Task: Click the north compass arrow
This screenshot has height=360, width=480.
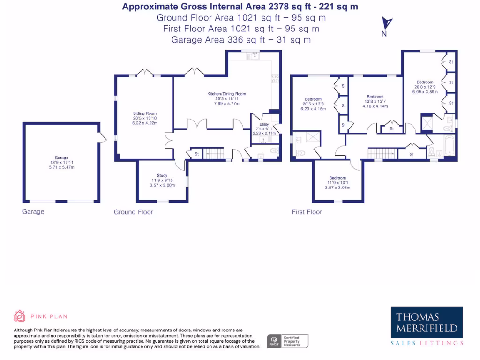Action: (x=387, y=23)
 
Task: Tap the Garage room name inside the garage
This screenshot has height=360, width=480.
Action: (x=61, y=157)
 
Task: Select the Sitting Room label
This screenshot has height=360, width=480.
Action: (x=145, y=113)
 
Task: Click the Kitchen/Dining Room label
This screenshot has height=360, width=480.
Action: (x=226, y=94)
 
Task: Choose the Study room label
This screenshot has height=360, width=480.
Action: (x=162, y=175)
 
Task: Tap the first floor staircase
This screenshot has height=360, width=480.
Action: (x=379, y=153)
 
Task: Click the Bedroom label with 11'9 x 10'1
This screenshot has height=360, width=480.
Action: (x=337, y=178)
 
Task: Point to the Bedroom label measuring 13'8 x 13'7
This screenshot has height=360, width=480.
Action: (x=375, y=97)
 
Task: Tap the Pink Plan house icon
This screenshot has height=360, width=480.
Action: (x=20, y=316)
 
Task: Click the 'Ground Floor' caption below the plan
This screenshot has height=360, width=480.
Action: (x=134, y=212)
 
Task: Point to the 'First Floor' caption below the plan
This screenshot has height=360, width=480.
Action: (x=307, y=212)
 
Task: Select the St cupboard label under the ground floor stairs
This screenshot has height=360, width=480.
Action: (x=196, y=154)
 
